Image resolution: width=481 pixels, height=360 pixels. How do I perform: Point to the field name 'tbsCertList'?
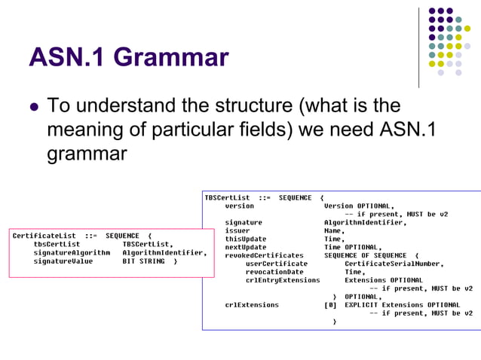point(57,244)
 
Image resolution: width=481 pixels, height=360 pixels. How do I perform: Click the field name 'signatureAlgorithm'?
point(72,253)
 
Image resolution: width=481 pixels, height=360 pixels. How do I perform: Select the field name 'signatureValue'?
point(63,261)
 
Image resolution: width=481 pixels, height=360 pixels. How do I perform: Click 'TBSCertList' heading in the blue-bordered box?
point(227,197)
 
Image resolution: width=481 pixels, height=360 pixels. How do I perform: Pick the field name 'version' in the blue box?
point(239,206)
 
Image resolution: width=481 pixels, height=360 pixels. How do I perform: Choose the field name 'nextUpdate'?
point(246,247)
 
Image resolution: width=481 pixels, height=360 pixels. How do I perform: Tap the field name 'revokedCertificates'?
point(264,255)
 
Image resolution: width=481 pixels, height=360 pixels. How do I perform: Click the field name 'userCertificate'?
point(277,264)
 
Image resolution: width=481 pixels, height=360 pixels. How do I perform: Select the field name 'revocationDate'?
point(274,272)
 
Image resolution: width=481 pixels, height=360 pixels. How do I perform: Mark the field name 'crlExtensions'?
point(252,305)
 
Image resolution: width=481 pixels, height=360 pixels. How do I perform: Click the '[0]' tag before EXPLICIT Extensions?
point(330,305)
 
